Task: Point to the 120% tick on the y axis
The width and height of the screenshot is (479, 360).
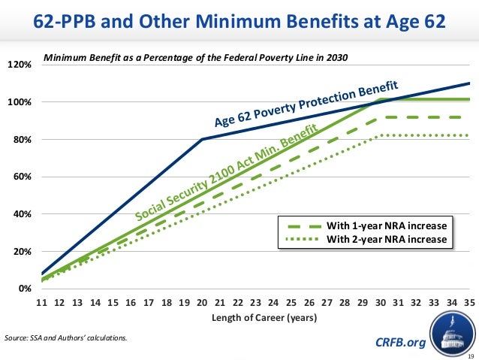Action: click(x=20, y=65)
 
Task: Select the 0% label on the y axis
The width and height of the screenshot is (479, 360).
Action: click(x=25, y=289)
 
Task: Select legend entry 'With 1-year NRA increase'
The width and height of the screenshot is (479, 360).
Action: click(x=387, y=225)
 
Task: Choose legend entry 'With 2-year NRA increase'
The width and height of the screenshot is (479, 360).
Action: click(x=387, y=240)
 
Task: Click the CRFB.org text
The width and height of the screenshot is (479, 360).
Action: click(x=399, y=343)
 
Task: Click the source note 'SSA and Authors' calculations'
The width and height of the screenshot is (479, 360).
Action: click(x=66, y=337)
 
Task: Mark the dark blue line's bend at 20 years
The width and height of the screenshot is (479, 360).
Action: click(x=203, y=139)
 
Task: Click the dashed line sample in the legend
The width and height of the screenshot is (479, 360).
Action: click(x=300, y=225)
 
